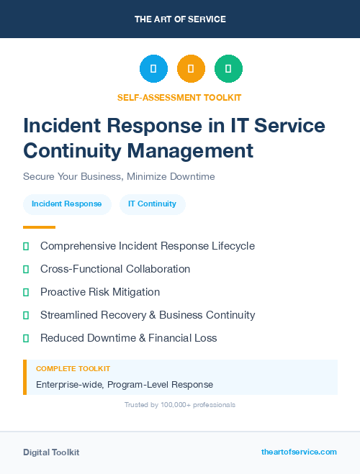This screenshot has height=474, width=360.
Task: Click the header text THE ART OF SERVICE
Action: coord(180,19)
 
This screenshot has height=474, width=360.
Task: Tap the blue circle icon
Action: coord(153,69)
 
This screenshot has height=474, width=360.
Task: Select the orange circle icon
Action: coord(191,69)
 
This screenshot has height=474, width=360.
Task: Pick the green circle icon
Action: coord(228,69)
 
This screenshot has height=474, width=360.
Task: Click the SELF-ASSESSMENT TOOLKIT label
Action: coord(179,97)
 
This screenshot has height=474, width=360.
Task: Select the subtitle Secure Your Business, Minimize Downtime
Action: coord(119,176)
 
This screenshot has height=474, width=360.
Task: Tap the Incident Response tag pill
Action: coord(67,204)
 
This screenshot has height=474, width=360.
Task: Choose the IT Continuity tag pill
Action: coord(152,204)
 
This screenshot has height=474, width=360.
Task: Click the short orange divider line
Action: coord(39,227)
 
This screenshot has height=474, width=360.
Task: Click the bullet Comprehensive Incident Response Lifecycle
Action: coord(147,246)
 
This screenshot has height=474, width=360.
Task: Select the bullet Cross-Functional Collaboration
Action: coord(115,269)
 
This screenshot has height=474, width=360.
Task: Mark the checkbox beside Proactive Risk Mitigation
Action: coord(26,292)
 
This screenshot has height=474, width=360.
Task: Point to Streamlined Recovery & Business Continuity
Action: coord(148,315)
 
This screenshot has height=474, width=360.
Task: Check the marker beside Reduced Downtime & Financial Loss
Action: coord(26,338)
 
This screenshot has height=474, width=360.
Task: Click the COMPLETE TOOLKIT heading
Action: coord(73,369)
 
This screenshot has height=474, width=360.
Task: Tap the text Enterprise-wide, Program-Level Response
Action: coord(125,385)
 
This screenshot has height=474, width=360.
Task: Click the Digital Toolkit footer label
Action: coord(51,452)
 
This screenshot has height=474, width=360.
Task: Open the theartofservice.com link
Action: coord(299,452)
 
